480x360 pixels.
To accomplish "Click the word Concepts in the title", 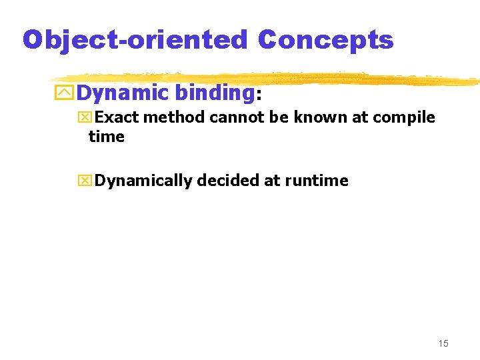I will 325,40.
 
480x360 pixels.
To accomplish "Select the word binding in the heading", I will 213,93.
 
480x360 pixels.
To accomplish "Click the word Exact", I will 116,118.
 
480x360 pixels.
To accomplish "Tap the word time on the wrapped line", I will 107,137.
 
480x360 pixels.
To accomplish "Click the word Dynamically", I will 143,181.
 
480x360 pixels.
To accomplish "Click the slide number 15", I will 443,343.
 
